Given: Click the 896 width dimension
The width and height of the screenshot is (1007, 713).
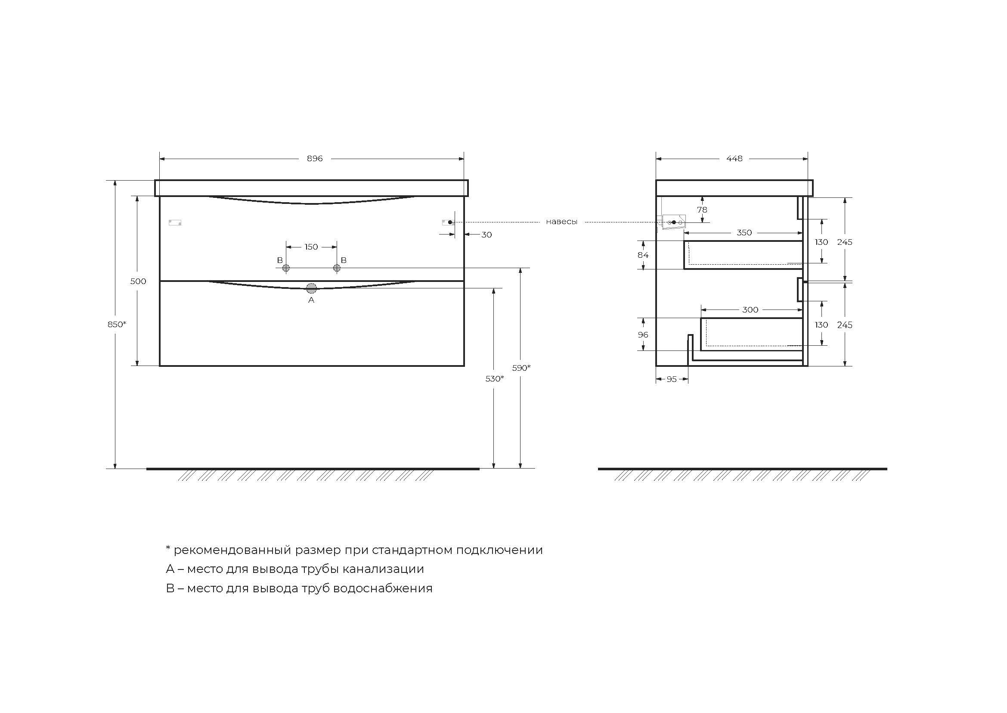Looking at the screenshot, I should (x=314, y=159).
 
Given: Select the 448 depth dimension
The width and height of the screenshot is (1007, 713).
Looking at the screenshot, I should (x=734, y=159).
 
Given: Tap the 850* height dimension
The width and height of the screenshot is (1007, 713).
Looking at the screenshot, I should (x=117, y=325).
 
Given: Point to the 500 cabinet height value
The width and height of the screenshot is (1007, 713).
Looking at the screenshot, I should (x=138, y=281).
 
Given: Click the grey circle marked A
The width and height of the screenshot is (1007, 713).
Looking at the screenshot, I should (x=311, y=288).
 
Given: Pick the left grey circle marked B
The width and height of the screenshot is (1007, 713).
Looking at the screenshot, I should (x=286, y=268).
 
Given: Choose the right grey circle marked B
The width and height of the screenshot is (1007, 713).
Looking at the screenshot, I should (x=337, y=268).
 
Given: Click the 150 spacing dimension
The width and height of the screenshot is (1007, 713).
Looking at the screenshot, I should (x=311, y=247).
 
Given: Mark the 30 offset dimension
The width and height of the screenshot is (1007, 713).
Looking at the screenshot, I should (x=486, y=235).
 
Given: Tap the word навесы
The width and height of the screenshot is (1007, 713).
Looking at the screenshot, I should (x=561, y=222).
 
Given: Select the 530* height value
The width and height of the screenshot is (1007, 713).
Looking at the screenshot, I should (x=494, y=378).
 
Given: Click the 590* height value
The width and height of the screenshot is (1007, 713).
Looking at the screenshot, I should (x=521, y=368).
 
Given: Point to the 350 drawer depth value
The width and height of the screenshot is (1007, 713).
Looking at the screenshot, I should (x=744, y=233).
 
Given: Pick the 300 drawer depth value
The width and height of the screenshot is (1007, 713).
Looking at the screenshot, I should (x=750, y=310).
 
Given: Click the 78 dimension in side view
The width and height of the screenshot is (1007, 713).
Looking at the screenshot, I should (x=702, y=210).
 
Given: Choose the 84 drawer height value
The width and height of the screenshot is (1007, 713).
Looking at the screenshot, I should (x=643, y=255).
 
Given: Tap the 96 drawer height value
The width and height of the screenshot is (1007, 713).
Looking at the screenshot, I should (x=643, y=335).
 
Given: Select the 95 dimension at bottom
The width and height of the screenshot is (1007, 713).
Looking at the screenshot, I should (x=672, y=379).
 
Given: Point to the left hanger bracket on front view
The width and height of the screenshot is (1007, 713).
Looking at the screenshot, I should (x=175, y=222).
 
